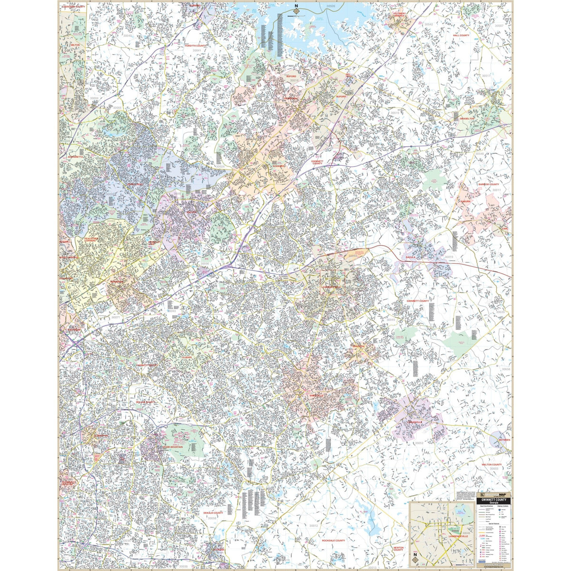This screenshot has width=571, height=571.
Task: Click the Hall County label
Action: (x=461, y=35)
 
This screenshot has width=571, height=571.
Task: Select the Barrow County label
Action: (x=489, y=184)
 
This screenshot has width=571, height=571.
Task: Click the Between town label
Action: (x=504, y=440)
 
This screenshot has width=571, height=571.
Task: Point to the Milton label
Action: (x=75, y=44)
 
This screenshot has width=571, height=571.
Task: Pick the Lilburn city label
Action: (x=186, y=356)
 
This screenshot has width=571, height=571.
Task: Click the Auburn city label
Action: (x=465, y=201)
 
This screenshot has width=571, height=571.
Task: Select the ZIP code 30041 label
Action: (x=197, y=50)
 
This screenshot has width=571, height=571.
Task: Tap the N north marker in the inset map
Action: (x=415, y=554)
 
